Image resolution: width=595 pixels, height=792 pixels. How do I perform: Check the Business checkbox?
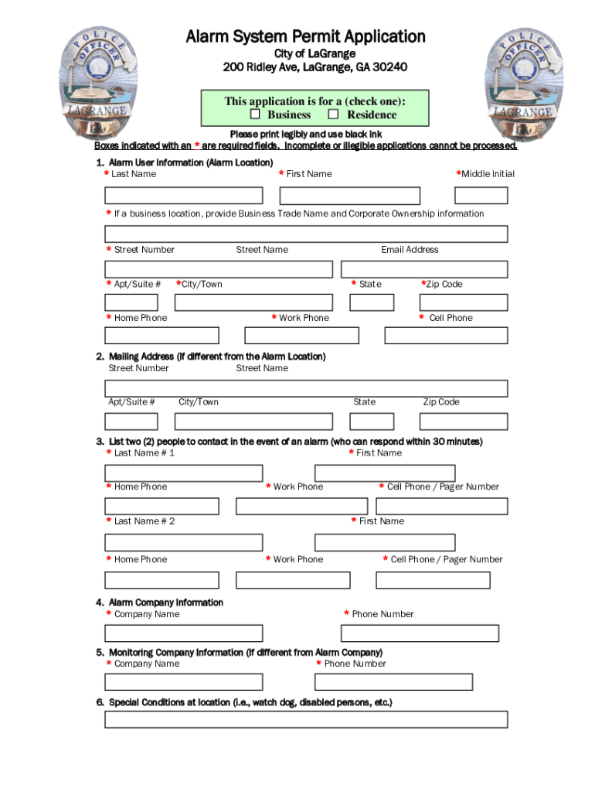(x=255, y=115)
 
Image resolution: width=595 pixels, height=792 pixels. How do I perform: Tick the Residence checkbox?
(x=334, y=115)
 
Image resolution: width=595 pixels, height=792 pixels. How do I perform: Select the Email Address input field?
(x=424, y=269)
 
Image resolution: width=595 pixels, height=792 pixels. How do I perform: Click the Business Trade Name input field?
(x=306, y=234)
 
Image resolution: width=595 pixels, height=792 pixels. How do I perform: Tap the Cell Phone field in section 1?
(x=446, y=336)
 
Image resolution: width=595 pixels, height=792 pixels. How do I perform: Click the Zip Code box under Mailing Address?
(x=464, y=422)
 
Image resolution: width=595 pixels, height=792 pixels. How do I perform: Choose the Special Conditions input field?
(x=306, y=719)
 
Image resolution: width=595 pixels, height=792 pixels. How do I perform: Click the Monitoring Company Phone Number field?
(x=393, y=682)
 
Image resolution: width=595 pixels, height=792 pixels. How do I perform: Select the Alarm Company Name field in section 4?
(x=184, y=633)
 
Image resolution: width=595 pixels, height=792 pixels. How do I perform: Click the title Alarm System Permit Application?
(x=305, y=36)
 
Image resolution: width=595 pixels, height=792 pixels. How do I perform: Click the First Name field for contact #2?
(x=385, y=542)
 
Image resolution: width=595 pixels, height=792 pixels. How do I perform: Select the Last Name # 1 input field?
(x=184, y=473)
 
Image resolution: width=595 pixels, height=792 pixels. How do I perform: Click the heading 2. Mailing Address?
(x=211, y=357)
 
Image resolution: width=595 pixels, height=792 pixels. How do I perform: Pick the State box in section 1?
(x=372, y=302)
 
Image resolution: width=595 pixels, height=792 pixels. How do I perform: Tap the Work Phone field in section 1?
(x=301, y=336)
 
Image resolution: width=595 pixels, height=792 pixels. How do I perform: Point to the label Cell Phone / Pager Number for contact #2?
(x=446, y=559)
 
